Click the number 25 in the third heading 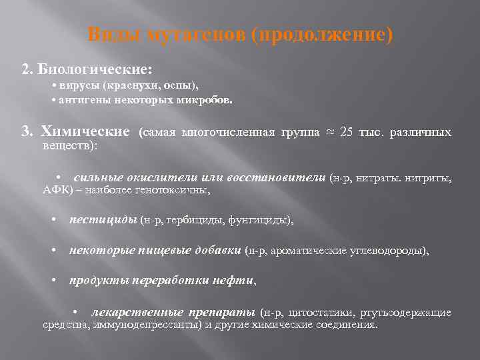coord(347,132)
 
